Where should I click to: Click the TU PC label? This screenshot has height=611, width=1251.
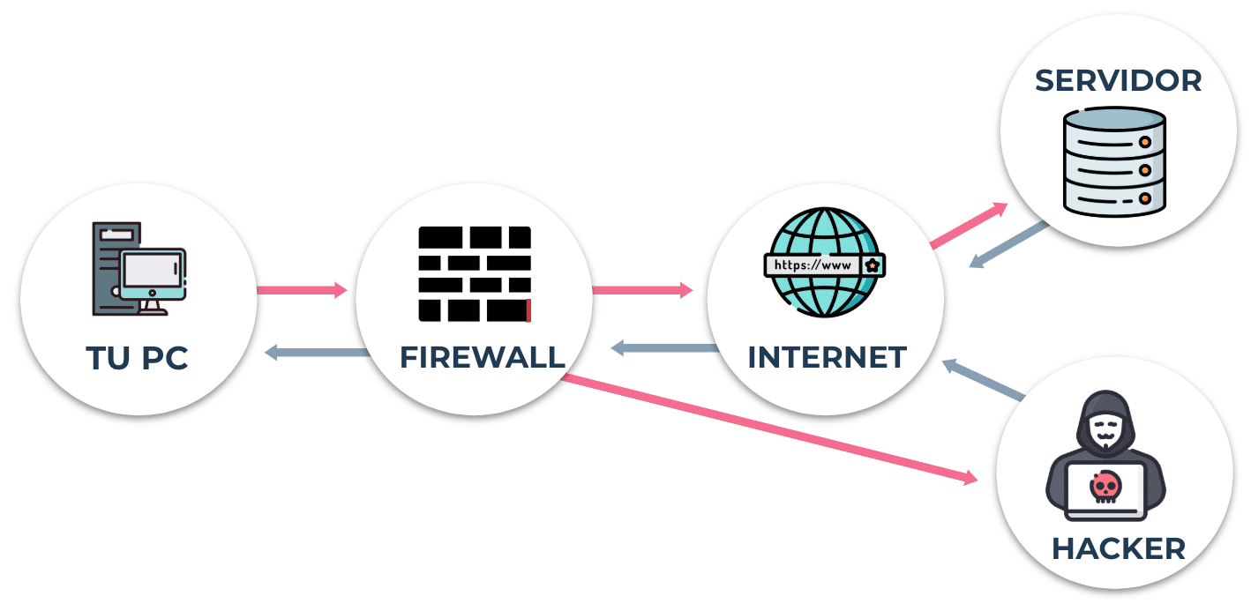137,358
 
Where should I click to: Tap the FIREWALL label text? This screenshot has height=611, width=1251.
483,358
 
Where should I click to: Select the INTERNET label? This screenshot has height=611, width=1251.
828,358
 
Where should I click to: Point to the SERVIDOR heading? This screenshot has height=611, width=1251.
1118,81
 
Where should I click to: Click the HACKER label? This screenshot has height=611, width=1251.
1119,548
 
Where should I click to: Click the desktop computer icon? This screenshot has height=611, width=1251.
139,269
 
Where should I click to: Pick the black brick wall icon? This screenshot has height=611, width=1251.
475,274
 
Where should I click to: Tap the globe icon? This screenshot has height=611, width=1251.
824,262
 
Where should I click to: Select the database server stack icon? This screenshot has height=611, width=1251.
1115,161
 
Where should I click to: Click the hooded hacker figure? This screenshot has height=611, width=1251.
1105,456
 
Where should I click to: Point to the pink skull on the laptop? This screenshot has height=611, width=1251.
1105,488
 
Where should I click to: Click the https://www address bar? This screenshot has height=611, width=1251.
824,265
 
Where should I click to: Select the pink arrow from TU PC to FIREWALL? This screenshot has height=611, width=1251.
302,290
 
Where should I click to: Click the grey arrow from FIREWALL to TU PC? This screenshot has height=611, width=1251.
317,353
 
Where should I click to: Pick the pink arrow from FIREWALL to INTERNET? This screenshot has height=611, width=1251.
643,290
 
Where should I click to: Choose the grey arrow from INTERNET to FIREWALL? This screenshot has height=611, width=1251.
665,349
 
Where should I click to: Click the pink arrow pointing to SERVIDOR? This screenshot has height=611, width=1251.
969,225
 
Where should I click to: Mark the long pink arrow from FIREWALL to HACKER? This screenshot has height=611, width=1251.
769,428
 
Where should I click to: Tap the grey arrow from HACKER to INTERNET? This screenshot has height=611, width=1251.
984,380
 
